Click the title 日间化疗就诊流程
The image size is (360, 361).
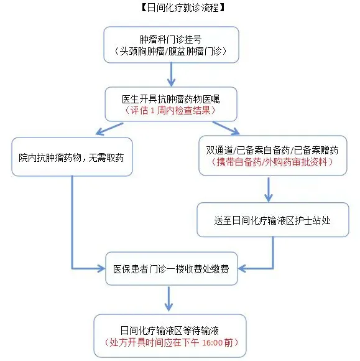coord(183,7)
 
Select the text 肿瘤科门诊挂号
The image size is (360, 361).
coord(171,39)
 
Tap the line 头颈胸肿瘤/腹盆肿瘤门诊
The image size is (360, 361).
coord(170,51)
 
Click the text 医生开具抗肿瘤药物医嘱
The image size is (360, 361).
coord(171,99)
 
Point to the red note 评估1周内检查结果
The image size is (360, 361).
coord(170,111)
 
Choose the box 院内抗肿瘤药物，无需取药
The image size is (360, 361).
coord(72,157)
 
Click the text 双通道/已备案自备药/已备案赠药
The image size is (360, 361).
coord(272,151)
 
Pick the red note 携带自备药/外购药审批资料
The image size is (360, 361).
coord(272,162)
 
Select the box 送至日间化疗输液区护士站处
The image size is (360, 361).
coord(273,220)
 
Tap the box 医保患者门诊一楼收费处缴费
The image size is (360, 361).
coord(172,268)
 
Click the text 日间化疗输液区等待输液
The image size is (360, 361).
coord(170,331)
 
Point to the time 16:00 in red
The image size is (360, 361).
coord(212,342)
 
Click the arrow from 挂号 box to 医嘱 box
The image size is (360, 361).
coord(171,74)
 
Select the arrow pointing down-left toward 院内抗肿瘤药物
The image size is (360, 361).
coord(109,129)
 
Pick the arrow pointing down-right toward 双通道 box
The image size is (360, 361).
coord(226,128)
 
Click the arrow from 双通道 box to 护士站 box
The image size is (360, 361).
coord(269,189)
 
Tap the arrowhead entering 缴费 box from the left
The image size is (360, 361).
coord(101,268)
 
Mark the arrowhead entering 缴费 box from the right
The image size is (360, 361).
coord(242,268)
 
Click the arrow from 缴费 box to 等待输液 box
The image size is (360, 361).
coord(168,299)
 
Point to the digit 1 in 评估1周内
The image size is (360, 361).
coord(152,111)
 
